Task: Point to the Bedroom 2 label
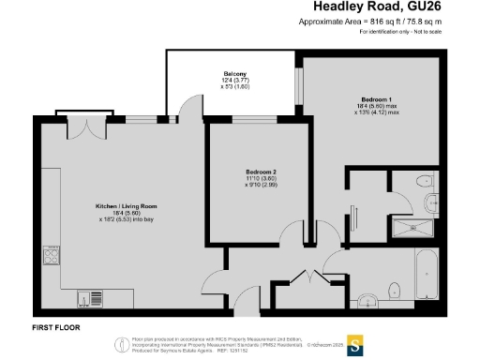click(262, 172)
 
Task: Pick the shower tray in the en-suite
click(409, 228)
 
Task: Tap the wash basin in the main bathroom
click(368, 301)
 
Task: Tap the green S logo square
click(356, 344)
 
